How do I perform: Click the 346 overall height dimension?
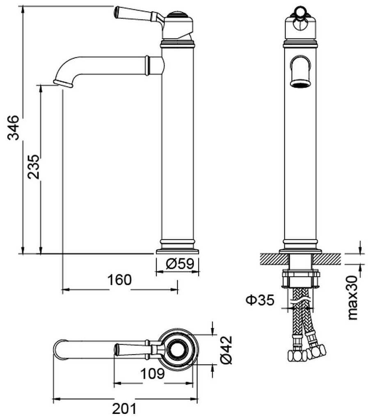[x=13, y=128]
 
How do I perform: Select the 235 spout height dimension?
[x=34, y=167]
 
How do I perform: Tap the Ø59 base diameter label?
[x=180, y=264]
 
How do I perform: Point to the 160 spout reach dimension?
[x=119, y=280]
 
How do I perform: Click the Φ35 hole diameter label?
[x=260, y=300]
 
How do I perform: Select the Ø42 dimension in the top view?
[x=226, y=350]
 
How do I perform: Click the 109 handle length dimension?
[x=153, y=374]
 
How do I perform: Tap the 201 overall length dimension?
[x=124, y=409]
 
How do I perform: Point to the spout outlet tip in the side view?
[x=63, y=84]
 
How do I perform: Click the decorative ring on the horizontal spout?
[x=147, y=65]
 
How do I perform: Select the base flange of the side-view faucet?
[x=177, y=251]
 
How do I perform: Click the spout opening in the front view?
[x=301, y=84]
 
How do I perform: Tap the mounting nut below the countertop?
[x=301, y=279]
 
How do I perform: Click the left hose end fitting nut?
[x=297, y=356]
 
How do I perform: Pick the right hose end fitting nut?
[x=316, y=352]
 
